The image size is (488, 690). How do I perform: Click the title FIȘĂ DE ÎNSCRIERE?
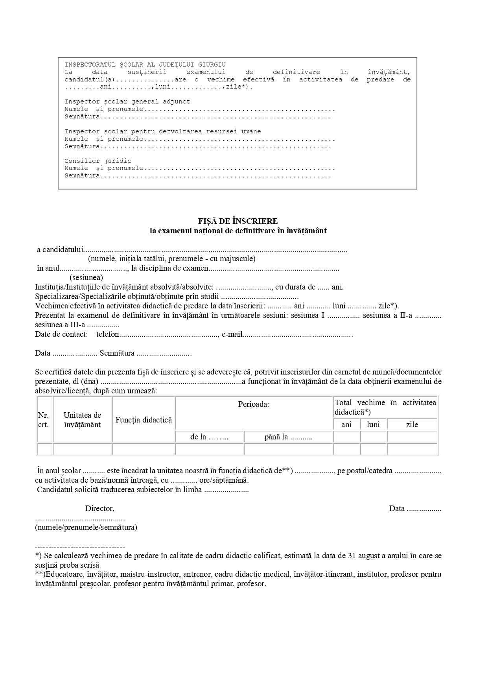tap(238, 221)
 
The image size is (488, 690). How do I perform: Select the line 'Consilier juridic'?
tap(98, 161)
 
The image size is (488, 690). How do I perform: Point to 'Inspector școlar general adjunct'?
tap(127, 101)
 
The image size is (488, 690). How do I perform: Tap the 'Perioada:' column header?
tap(254, 404)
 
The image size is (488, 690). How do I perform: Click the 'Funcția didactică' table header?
tap(144, 420)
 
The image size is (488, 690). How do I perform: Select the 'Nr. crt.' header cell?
tap(43, 420)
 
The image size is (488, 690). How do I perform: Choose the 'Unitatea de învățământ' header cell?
tap(82, 420)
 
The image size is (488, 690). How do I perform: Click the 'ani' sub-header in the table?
tap(346, 424)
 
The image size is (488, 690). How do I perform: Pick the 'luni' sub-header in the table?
tap(373, 424)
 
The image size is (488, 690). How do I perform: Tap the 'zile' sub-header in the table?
tap(412, 424)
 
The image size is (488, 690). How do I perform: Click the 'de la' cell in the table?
tap(209, 437)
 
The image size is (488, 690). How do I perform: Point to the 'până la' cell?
tap(288, 437)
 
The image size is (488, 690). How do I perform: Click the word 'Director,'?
tap(100, 508)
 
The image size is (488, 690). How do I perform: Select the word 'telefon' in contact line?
tap(108, 334)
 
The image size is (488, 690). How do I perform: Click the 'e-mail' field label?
tap(232, 334)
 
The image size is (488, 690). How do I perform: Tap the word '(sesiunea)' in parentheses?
tap(86, 277)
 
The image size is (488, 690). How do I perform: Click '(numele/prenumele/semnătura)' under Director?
tap(86, 527)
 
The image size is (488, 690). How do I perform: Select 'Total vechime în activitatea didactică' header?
tap(385, 407)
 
